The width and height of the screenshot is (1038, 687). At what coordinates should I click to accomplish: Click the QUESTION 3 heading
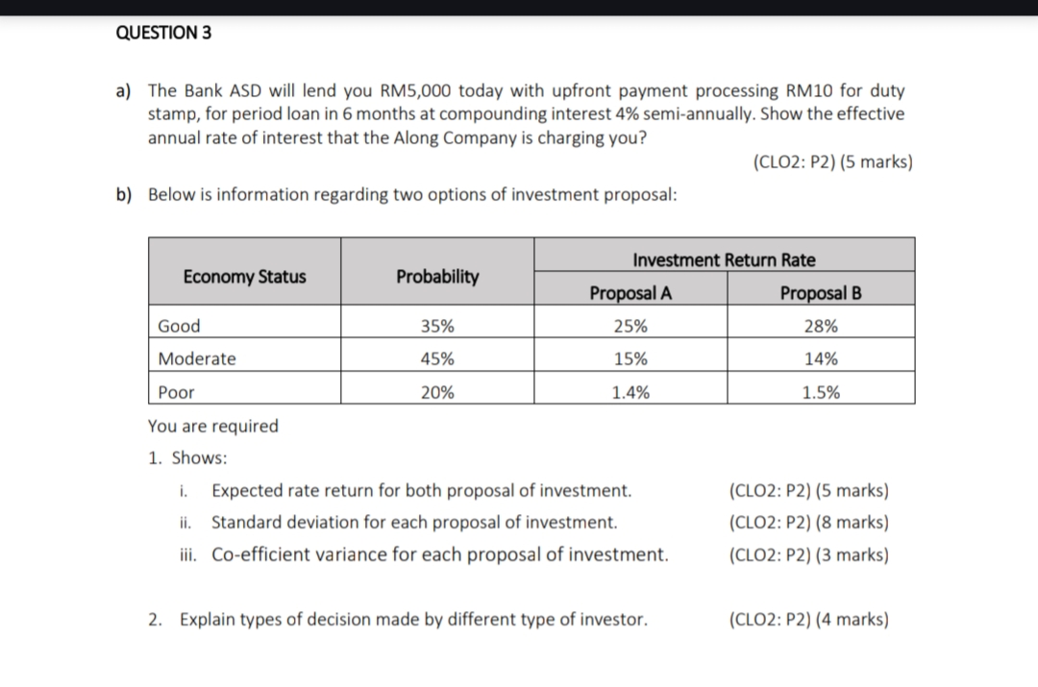pyautogui.click(x=163, y=33)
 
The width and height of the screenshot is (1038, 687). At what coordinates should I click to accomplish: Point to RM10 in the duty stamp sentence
pyautogui.click(x=809, y=90)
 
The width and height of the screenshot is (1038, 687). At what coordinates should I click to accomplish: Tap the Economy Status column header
pyautogui.click(x=244, y=276)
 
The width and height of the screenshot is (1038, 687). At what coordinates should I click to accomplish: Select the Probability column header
pyautogui.click(x=437, y=276)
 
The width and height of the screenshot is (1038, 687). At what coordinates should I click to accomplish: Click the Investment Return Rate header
pyautogui.click(x=725, y=259)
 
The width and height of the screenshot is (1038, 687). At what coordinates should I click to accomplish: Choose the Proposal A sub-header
pyautogui.click(x=630, y=292)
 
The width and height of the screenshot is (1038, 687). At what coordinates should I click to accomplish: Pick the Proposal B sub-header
pyautogui.click(x=821, y=292)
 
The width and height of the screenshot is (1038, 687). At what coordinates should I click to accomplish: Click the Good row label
pyautogui.click(x=179, y=326)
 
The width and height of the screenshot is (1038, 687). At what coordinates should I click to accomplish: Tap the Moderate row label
pyautogui.click(x=197, y=358)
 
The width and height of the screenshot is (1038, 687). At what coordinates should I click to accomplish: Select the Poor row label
pyautogui.click(x=176, y=392)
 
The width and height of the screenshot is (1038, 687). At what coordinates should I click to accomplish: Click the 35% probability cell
pyautogui.click(x=437, y=326)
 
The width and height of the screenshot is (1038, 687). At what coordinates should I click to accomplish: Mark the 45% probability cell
pyautogui.click(x=437, y=358)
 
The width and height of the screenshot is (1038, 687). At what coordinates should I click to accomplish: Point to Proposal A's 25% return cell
pyautogui.click(x=630, y=326)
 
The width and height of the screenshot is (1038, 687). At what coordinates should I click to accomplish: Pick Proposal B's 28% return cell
pyautogui.click(x=821, y=326)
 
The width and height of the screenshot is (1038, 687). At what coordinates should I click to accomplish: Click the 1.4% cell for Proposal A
pyautogui.click(x=630, y=392)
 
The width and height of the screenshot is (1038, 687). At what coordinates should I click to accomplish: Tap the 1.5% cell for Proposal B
pyautogui.click(x=821, y=392)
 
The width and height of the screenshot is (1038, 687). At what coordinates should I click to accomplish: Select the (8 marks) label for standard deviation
pyautogui.click(x=852, y=522)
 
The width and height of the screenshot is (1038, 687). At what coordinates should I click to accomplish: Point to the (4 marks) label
pyautogui.click(x=852, y=619)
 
